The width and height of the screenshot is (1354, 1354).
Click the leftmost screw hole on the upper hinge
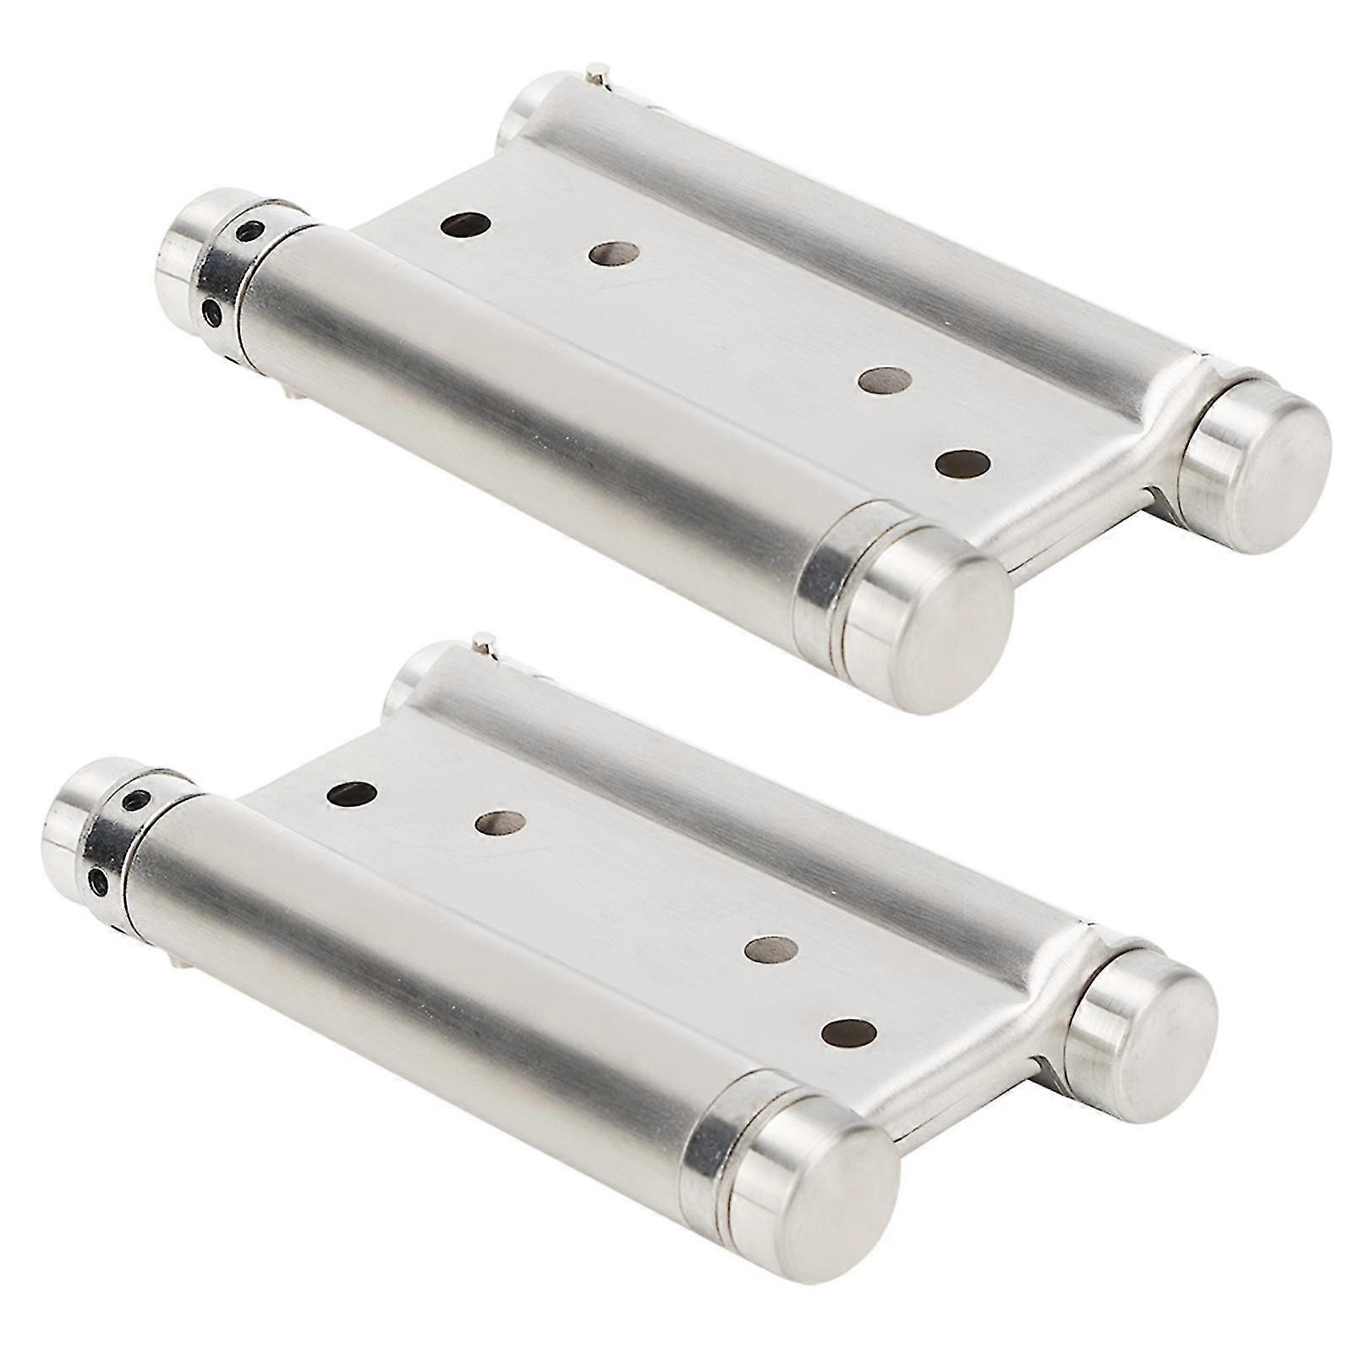pos(466,226)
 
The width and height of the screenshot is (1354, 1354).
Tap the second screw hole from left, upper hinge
pos(614,253)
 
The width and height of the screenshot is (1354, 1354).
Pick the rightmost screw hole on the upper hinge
pos(963,463)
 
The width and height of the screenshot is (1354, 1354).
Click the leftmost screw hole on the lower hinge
pos(351,792)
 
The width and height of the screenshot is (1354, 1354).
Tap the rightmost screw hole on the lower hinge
pos(848,1031)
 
